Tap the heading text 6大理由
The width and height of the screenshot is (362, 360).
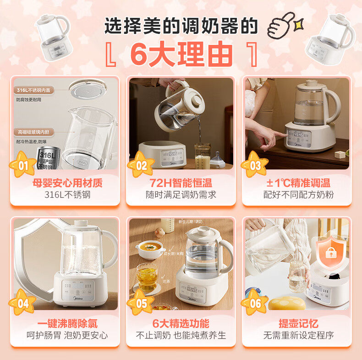click(181, 54)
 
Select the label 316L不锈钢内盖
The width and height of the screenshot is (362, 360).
click(35, 90)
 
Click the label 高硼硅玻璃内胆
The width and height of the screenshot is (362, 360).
click(35, 132)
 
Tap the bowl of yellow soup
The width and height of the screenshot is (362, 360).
click(150, 248)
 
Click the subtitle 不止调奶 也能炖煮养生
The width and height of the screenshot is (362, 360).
click(181, 335)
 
